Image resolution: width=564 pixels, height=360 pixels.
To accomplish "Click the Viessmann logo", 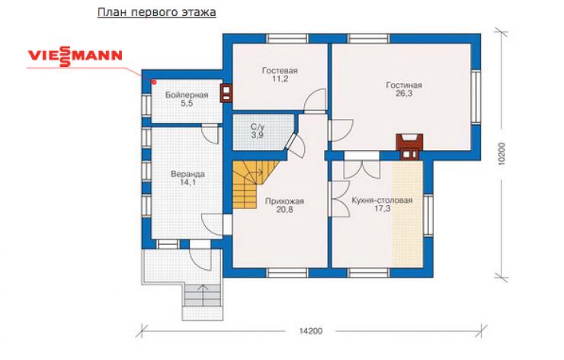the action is [75, 56].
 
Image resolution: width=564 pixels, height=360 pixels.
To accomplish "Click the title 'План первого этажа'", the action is [157, 12].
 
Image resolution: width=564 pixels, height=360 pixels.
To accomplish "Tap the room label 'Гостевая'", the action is [280, 71].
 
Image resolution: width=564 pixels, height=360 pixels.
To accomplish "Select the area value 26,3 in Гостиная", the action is [404, 94].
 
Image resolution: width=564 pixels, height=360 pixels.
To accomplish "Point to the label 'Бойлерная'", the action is [187, 95].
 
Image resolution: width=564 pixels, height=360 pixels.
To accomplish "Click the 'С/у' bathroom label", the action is [258, 127].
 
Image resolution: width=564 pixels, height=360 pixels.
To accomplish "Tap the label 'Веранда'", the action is [187, 174].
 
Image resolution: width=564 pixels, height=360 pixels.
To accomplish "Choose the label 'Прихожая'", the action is [284, 201].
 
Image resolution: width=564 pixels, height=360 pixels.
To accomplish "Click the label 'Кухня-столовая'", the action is [382, 200].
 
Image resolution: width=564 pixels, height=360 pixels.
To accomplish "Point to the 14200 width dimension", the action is [311, 331].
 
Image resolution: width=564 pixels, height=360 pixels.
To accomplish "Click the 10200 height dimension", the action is [502, 154].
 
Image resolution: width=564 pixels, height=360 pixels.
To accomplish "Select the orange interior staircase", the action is [252, 184].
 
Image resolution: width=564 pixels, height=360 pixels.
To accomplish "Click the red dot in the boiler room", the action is [154, 82].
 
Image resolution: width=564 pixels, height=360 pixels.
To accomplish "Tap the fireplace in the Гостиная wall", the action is [409, 147].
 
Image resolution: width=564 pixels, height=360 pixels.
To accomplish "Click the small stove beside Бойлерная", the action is [226, 93].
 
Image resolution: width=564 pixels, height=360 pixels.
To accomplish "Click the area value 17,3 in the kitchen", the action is [382, 209].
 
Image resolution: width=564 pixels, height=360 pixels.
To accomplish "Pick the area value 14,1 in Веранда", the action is [187, 182].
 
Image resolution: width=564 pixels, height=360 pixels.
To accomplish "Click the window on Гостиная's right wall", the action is [476, 97].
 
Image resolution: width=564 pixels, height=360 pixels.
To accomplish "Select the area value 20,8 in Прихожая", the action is [284, 210].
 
